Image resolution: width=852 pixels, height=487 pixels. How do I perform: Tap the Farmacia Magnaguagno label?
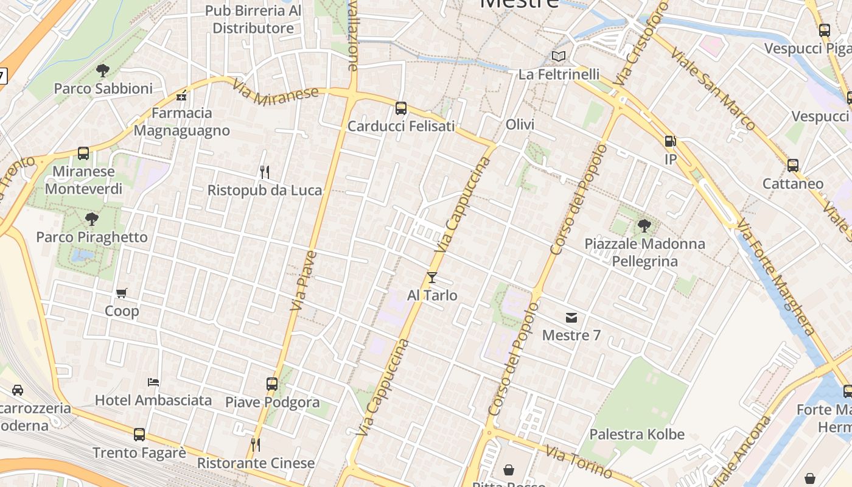(x=181, y=122)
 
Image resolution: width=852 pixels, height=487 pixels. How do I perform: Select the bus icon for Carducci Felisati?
(x=401, y=108)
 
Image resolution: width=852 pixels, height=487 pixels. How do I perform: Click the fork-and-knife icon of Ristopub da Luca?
(x=265, y=172)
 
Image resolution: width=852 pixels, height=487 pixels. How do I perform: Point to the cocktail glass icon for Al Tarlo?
(x=432, y=278)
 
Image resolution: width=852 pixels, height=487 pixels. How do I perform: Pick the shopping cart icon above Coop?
(x=122, y=293)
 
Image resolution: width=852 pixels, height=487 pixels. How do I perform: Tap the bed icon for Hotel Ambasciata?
(x=153, y=382)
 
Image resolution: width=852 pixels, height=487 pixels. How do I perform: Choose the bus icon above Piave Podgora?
(x=272, y=384)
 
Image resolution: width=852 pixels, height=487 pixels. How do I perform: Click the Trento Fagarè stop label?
(x=139, y=453)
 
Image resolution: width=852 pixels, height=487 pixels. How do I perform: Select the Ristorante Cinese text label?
(x=256, y=463)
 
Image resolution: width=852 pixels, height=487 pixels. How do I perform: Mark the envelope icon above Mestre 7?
(x=571, y=318)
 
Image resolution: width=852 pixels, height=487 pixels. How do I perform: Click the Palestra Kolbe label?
(x=637, y=435)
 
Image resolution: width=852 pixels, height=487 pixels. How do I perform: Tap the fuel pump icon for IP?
(x=671, y=141)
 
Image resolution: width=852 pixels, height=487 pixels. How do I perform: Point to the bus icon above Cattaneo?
(x=793, y=166)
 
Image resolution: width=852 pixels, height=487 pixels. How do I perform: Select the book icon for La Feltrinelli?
(x=559, y=57)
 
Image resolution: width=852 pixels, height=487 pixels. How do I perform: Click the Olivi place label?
(x=520, y=125)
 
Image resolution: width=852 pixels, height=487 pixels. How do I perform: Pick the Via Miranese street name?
(x=276, y=92)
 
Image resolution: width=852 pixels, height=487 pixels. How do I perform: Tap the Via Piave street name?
(x=304, y=281)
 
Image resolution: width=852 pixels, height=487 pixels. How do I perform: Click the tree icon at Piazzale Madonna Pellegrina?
(x=644, y=226)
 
